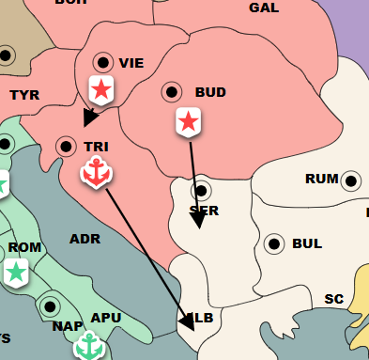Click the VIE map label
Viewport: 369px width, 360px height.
tap(131, 63)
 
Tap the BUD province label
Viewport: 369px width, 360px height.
tap(210, 92)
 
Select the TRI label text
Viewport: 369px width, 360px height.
tap(96, 147)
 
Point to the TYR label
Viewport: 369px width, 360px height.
tap(24, 95)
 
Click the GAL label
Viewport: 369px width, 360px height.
tap(264, 8)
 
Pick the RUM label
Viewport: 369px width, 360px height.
tap(321, 179)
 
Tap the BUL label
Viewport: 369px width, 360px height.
tap(307, 243)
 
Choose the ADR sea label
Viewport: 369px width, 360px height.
tap(85, 239)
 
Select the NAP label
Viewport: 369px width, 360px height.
tap(68, 326)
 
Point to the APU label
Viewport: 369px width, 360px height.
tap(106, 318)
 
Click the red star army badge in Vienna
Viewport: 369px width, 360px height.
tap(100, 89)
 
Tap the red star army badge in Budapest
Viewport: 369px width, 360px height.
tap(189, 120)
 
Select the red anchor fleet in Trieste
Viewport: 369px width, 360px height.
tap(95, 172)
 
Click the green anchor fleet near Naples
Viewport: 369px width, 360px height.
tap(88, 346)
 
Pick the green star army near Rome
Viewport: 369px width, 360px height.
tap(15, 273)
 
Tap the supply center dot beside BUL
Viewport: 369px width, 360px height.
tap(275, 243)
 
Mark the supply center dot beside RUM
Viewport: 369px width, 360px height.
tap(351, 180)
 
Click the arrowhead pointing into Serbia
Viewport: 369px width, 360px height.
tap(198, 221)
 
